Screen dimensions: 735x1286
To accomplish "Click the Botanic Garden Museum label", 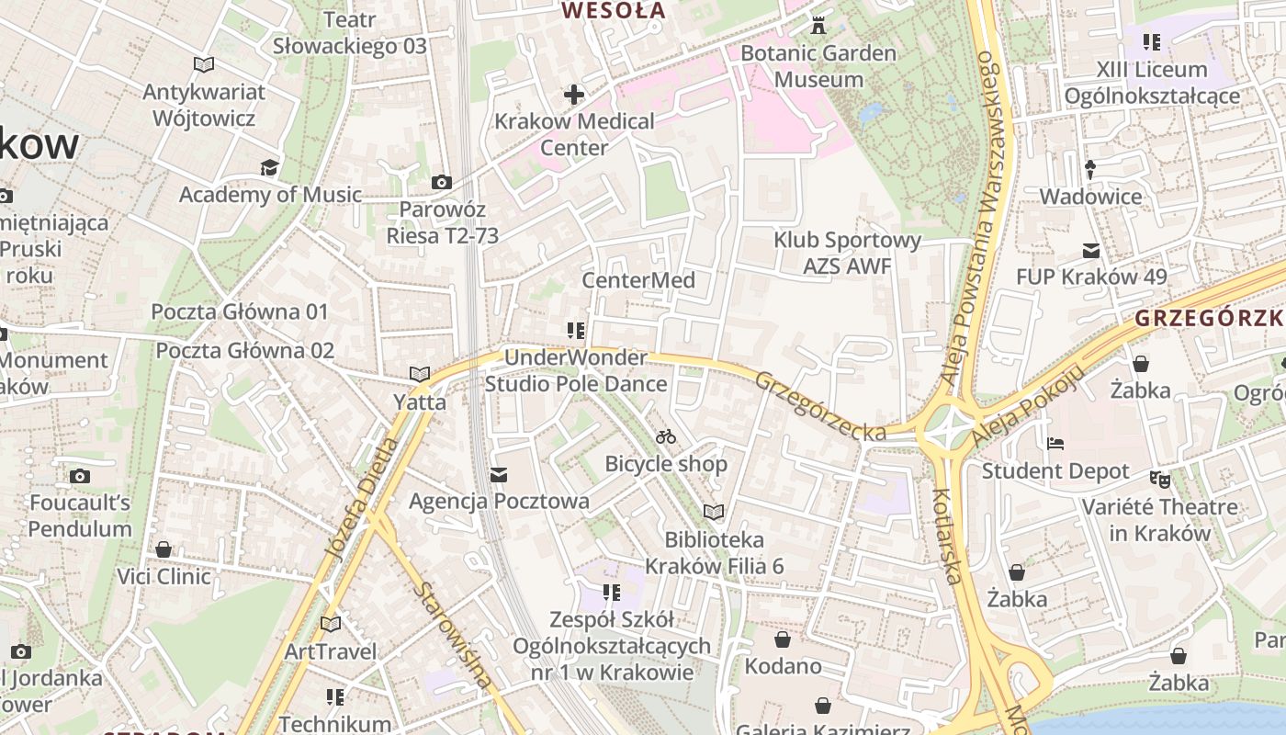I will pyautogui.click(x=818, y=66).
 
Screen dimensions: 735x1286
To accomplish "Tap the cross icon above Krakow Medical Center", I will pyautogui.click(x=574, y=94).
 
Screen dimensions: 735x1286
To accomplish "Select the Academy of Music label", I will pyautogui.click(x=270, y=195).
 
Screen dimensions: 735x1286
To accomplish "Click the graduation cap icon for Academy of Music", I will pyautogui.click(x=269, y=167).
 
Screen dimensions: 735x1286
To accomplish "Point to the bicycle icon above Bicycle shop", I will pyautogui.click(x=666, y=436).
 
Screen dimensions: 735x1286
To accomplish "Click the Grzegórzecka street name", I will pyautogui.click(x=820, y=406).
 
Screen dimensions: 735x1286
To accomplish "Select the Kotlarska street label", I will pyautogui.click(x=947, y=537).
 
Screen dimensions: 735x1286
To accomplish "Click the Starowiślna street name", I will pyautogui.click(x=452, y=635).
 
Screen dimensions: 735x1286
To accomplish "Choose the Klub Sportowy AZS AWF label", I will pyautogui.click(x=847, y=254).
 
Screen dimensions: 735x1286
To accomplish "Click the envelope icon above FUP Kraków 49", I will pyautogui.click(x=1091, y=250).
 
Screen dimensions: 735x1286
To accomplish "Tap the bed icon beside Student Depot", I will pyautogui.click(x=1055, y=444).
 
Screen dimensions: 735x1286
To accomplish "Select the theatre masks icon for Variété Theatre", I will pyautogui.click(x=1160, y=480).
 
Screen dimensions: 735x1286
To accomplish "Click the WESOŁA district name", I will pyautogui.click(x=613, y=11).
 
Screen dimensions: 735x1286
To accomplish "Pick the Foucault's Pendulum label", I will pyautogui.click(x=80, y=515).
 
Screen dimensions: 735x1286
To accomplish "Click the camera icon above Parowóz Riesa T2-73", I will pyautogui.click(x=442, y=182).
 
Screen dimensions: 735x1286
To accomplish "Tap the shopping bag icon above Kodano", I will pyautogui.click(x=783, y=639).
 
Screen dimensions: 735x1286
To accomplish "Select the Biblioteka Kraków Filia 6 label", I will pyautogui.click(x=714, y=552).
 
